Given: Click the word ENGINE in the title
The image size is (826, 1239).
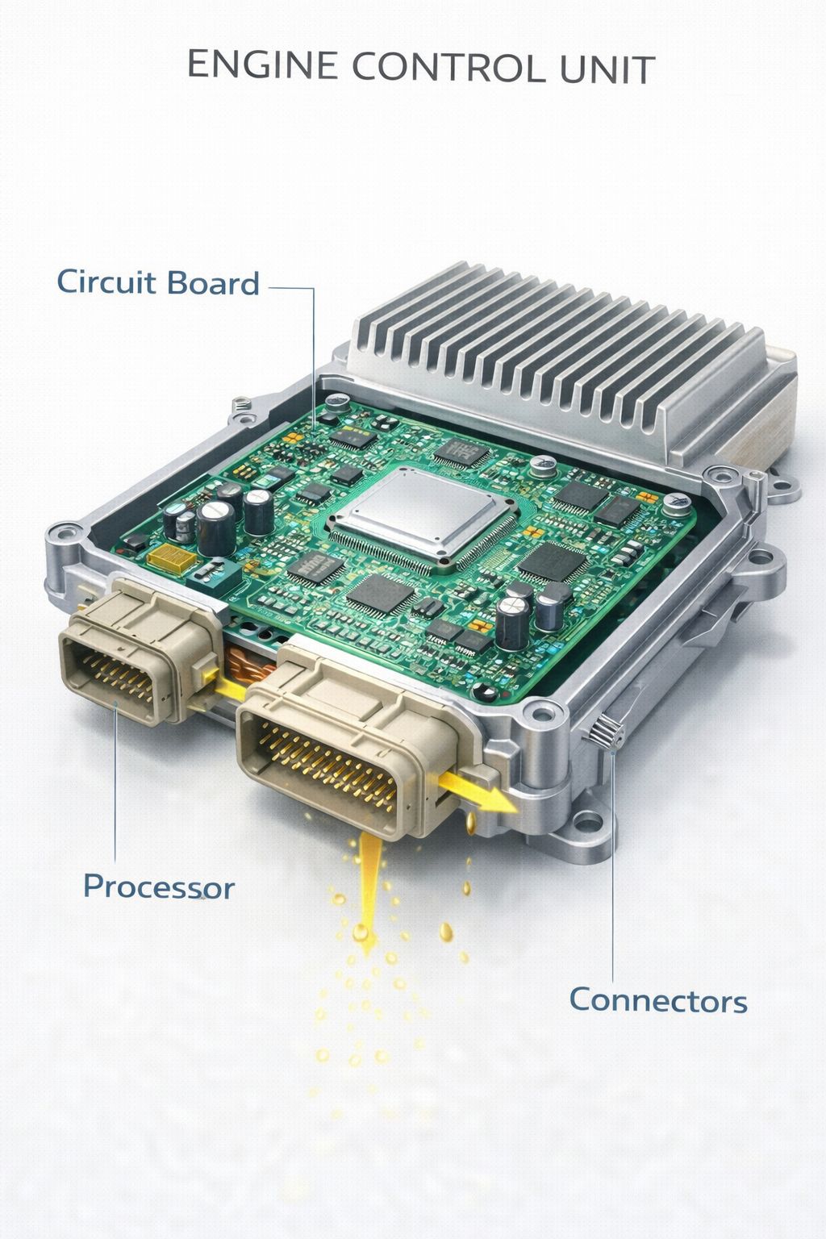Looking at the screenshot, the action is tap(263, 65).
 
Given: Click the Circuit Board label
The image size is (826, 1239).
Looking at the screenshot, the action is tap(158, 282).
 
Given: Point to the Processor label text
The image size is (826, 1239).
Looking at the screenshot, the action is tap(159, 886).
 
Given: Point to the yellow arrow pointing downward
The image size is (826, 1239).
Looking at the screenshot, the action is tap(369, 893).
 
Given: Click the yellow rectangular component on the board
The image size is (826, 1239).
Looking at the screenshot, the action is tap(172, 559).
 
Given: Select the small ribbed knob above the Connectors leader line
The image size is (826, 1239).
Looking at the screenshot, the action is tap(607, 733).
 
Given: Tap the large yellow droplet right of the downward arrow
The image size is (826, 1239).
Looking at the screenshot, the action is tap(446, 932).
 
